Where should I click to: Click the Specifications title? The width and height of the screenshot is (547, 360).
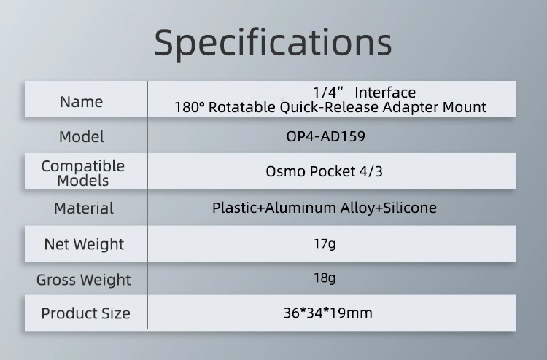[273, 43]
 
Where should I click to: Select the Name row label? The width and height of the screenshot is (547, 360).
[81, 102]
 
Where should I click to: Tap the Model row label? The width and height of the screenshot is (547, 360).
[81, 136]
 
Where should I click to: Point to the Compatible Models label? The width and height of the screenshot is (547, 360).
[82, 173]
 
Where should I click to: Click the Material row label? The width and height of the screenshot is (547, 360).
[84, 208]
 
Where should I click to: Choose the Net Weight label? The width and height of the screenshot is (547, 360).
[84, 244]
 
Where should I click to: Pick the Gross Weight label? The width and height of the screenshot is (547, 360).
[83, 280]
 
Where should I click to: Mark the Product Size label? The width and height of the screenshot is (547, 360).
[85, 313]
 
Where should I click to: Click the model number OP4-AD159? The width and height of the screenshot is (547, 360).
[325, 136]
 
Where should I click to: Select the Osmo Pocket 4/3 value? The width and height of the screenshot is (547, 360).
[324, 171]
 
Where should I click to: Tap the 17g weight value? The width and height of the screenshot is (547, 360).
[325, 243]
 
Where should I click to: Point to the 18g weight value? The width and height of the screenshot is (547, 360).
[325, 278]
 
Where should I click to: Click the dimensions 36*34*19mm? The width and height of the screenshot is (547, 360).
[328, 313]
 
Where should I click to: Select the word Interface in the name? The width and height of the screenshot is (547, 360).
[385, 93]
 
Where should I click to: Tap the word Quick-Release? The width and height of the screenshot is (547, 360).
[329, 107]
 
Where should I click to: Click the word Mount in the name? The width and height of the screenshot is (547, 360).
[465, 107]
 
